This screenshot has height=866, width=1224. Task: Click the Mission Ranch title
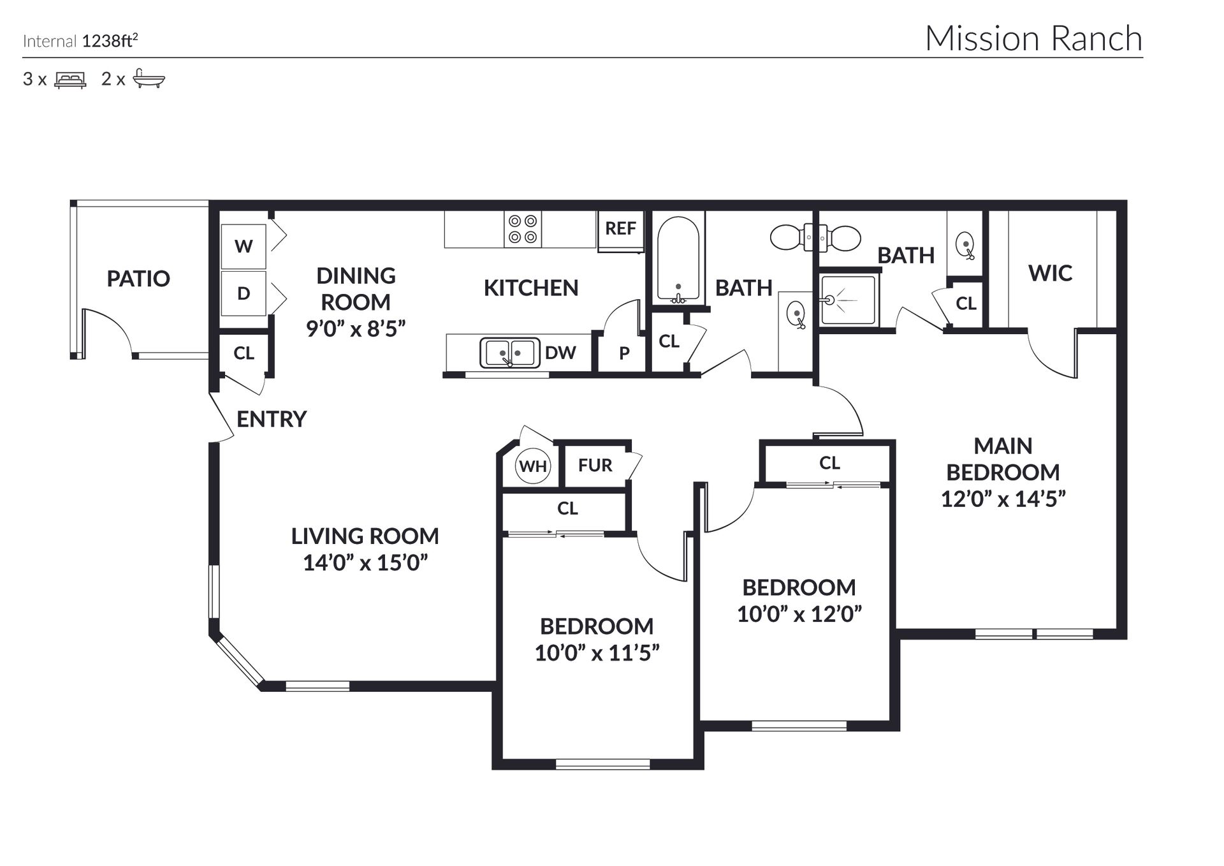coord(1033,38)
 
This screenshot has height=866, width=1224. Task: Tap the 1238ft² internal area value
coord(110,41)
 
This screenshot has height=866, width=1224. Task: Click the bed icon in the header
coord(70,80)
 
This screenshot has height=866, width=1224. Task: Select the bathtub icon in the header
coord(149,79)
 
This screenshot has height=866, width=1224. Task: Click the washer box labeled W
coord(244,246)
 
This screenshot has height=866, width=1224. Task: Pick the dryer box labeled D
coord(244,293)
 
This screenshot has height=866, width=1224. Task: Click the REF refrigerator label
coord(620,228)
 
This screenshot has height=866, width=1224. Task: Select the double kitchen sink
coord(509,353)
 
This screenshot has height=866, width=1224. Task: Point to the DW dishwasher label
coord(560,353)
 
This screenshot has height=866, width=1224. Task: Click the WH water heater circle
coord(533,466)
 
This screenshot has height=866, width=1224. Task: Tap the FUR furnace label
coord(595,466)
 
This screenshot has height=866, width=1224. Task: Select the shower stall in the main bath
coord(849,300)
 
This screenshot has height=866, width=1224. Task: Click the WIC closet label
coord(1050,274)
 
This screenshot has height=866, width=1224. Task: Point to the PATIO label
coord(138,279)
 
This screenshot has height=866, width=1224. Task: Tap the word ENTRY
coord(272,419)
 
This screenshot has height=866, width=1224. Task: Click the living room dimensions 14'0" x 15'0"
coord(365,563)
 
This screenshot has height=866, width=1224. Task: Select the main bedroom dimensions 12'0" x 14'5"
coord(1003,499)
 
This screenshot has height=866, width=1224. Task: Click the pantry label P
coord(624,353)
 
